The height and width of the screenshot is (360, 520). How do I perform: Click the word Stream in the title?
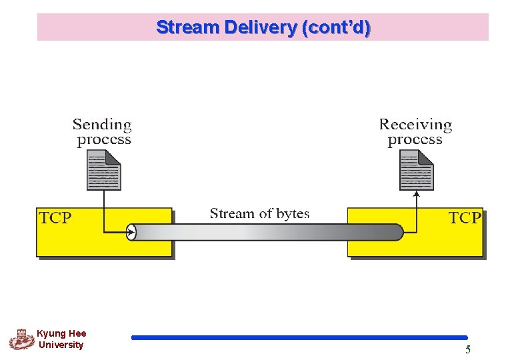click(x=188, y=27)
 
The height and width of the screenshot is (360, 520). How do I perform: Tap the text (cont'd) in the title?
click(x=336, y=28)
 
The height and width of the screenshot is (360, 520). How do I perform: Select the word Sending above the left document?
click(x=102, y=125)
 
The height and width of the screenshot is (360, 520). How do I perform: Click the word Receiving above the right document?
click(x=415, y=125)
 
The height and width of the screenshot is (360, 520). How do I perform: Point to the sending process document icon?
click(x=104, y=170)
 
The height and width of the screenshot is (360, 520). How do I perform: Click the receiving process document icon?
click(x=417, y=170)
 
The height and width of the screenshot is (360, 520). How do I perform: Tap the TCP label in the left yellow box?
click(x=55, y=218)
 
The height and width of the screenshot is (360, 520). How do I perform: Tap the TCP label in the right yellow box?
click(x=465, y=218)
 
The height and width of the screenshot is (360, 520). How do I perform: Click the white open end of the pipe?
click(x=131, y=233)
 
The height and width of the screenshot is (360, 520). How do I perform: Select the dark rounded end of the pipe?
click(x=397, y=233)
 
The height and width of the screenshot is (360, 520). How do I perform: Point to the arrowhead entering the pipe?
click(x=131, y=233)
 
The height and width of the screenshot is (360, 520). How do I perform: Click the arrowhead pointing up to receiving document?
click(x=417, y=194)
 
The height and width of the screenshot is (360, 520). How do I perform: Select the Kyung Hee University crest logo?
click(x=22, y=339)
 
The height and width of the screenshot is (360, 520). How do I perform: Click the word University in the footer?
click(x=61, y=345)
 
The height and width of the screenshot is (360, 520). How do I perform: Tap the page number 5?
click(x=468, y=349)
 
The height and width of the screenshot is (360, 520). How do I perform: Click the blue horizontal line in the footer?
click(x=299, y=337)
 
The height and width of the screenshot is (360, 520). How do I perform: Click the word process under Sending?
click(x=104, y=140)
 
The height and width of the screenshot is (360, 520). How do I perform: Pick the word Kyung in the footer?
click(x=48, y=334)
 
